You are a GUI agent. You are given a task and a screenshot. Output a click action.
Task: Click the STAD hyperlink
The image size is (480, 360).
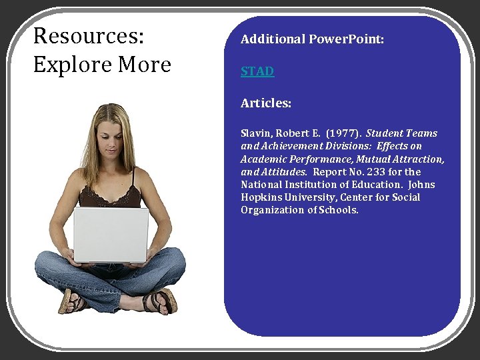[257, 71]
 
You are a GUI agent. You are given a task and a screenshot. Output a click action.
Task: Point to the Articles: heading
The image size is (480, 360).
[266, 103]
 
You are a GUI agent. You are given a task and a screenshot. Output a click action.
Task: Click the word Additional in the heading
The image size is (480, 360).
[273, 39]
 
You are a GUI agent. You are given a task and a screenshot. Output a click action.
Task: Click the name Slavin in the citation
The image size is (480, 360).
[257, 133]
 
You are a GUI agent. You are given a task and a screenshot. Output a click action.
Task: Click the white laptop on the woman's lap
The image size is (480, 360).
[111, 234]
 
